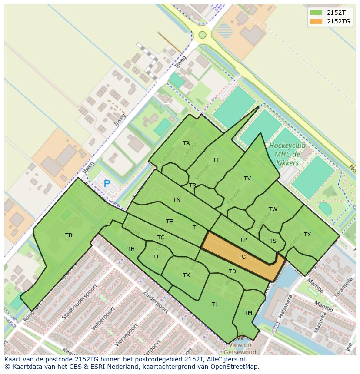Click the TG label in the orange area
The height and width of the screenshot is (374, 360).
pos(242,257)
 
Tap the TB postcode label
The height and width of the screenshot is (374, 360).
pos(69,235)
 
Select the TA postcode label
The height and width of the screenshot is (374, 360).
pos(186,143)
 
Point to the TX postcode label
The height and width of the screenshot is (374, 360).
pos(307,235)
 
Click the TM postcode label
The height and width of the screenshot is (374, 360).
pos(248,313)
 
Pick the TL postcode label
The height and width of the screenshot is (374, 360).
pos(215,304)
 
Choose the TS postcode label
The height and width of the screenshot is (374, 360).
pos(273,241)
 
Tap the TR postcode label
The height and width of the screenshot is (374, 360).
pos(193,185)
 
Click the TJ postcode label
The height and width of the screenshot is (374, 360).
pos(156,257)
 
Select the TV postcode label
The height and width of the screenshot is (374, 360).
pos(247,179)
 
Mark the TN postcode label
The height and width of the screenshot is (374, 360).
pos(177,200)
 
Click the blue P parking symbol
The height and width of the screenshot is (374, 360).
pos(107,184)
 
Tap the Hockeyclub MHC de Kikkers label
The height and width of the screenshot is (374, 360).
pos(287,154)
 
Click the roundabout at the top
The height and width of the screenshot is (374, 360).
pos(202,35)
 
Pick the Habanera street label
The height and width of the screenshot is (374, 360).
pos(283,306)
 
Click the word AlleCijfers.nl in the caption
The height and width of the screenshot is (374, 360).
pos(226,359)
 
